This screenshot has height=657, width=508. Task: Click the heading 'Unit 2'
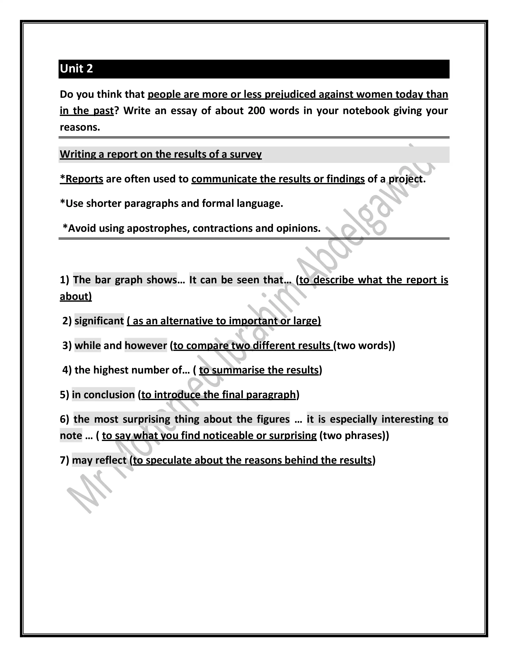[76, 69]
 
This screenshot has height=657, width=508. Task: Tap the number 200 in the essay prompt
[256, 111]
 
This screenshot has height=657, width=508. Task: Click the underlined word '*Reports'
[81, 179]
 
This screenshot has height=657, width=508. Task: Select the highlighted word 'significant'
[99, 321]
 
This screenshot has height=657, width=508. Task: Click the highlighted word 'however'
[146, 346]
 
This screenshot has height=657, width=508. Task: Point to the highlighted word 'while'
[88, 346]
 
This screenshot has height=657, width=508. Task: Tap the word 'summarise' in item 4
[238, 370]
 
